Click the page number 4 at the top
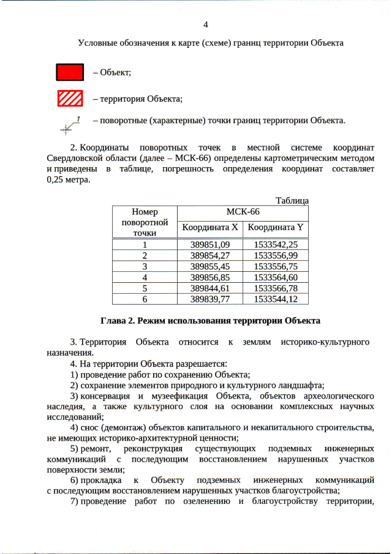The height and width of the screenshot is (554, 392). (x=206, y=25)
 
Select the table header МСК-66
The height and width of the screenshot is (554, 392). (x=243, y=212)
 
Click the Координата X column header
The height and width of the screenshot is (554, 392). (x=209, y=228)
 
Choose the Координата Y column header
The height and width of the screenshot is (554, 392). (x=276, y=228)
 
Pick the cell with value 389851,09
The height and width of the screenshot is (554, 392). (x=209, y=245)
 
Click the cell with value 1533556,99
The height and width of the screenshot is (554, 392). (x=276, y=255)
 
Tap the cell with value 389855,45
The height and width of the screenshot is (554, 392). (x=209, y=266)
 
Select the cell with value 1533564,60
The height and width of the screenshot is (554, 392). (x=276, y=277)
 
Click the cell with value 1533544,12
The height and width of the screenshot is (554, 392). (x=276, y=299)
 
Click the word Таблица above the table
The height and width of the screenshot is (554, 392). (x=292, y=201)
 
